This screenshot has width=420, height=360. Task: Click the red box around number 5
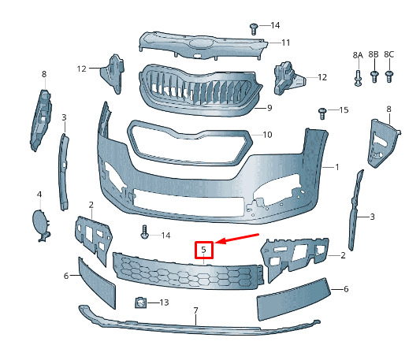(x=204, y=250)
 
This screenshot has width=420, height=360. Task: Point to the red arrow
(x=236, y=239)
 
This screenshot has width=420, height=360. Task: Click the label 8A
(x=358, y=55)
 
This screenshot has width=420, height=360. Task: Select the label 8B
(x=374, y=54)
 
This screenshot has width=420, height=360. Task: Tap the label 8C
(x=389, y=54)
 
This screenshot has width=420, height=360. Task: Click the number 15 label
(x=344, y=109)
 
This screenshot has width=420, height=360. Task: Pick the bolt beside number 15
(x=322, y=113)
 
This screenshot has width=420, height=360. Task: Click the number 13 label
(x=164, y=302)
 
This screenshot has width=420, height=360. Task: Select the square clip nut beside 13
(x=140, y=302)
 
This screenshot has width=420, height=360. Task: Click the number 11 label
(x=286, y=43)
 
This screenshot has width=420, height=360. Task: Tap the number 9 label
(x=269, y=108)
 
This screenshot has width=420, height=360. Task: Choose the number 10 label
(x=267, y=135)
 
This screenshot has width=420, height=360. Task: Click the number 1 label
(x=337, y=167)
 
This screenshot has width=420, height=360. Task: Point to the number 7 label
(x=195, y=310)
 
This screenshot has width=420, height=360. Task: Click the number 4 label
(x=39, y=195)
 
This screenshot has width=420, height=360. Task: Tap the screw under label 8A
(x=358, y=78)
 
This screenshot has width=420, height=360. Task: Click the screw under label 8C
(x=389, y=76)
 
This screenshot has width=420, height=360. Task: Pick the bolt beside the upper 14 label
(x=254, y=29)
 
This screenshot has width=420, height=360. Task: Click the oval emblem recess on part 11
(x=202, y=43)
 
